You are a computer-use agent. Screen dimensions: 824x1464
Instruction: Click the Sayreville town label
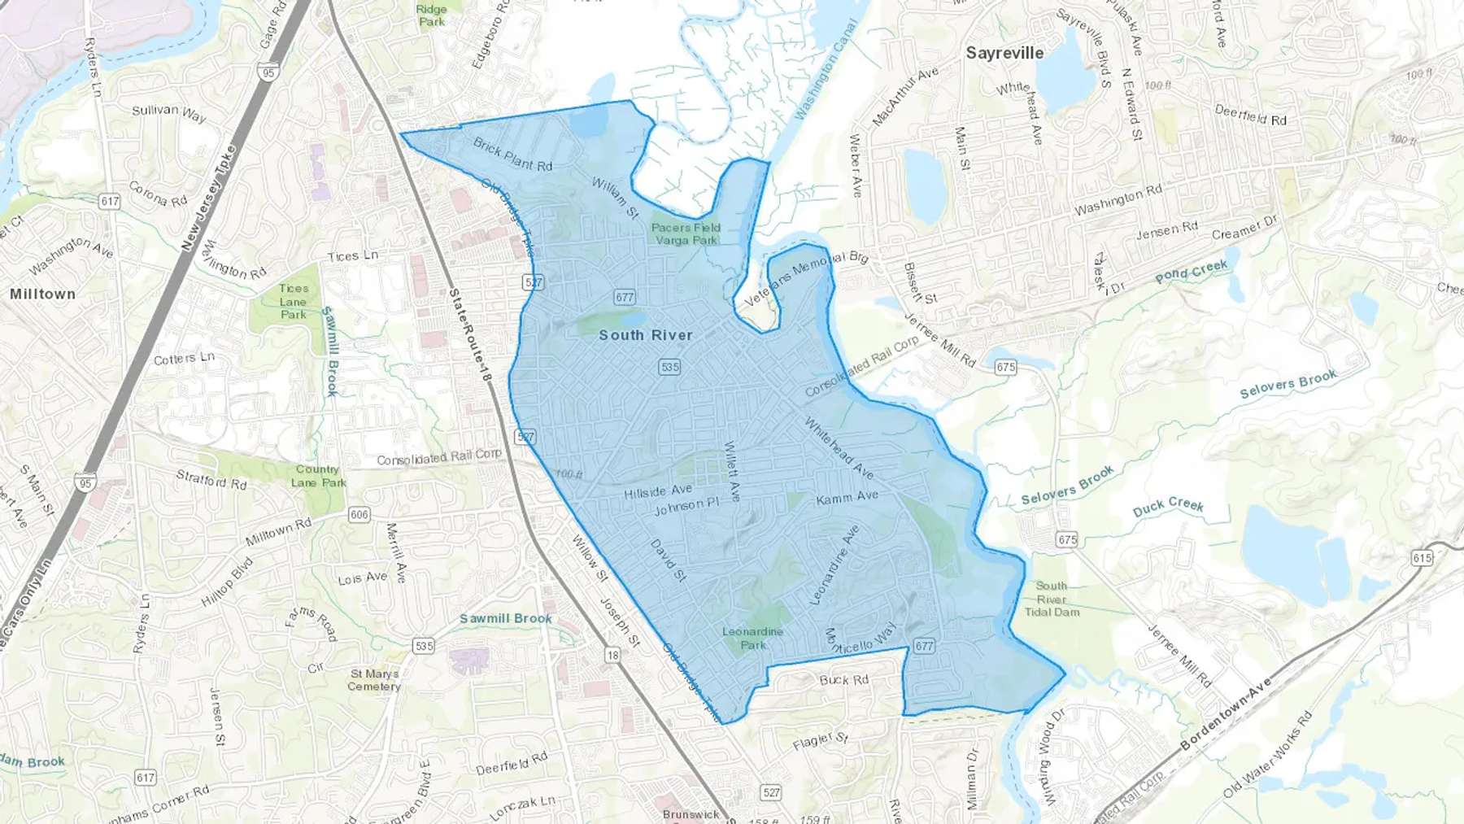click(1004, 53)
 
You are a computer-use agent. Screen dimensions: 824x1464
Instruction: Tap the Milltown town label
click(42, 294)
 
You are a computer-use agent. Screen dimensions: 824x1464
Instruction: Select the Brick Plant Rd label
click(512, 155)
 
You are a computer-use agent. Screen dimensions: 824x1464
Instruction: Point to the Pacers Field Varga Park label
click(686, 234)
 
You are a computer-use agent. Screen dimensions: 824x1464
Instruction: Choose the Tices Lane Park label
click(294, 301)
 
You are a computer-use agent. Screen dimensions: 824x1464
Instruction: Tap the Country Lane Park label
click(318, 476)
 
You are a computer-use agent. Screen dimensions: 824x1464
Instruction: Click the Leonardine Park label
click(752, 638)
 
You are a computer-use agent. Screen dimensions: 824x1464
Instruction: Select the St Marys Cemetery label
click(374, 680)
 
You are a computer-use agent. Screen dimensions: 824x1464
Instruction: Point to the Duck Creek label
click(1168, 507)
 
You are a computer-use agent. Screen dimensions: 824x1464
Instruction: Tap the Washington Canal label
click(826, 70)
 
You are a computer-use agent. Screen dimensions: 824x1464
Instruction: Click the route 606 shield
click(359, 515)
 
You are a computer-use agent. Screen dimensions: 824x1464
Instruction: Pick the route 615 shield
click(1422, 558)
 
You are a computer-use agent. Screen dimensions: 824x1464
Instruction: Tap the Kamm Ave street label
click(847, 497)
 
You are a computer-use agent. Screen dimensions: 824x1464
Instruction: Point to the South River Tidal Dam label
click(1052, 599)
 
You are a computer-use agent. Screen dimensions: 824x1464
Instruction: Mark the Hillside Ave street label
click(658, 491)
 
